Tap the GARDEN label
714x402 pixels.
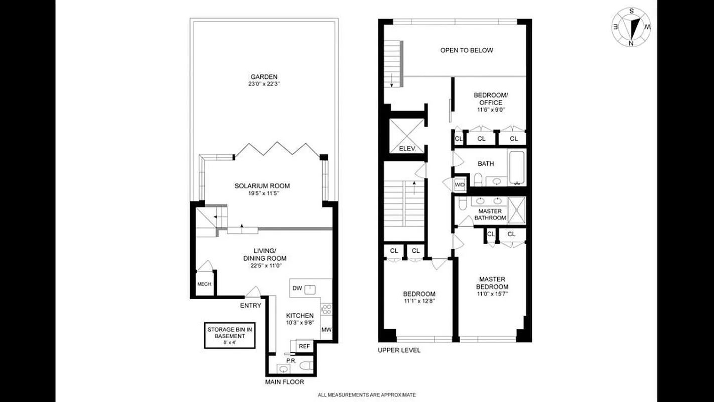[262, 77]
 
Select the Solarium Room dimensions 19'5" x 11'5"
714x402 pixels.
[262, 193]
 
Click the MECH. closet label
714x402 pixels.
[204, 284]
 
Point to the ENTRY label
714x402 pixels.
[250, 306]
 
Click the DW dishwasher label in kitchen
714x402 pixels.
[297, 288]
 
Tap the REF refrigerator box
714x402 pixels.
[304, 346]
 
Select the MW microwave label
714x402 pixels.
[326, 330]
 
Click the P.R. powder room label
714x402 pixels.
[290, 360]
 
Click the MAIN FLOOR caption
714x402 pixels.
[284, 382]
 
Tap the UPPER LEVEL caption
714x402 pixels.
[399, 350]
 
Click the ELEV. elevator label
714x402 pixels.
[405, 149]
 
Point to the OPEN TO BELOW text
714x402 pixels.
[467, 50]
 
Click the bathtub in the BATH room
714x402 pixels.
[517, 168]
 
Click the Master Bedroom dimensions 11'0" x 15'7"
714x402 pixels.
[492, 294]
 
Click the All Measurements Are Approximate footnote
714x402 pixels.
[367, 395]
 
